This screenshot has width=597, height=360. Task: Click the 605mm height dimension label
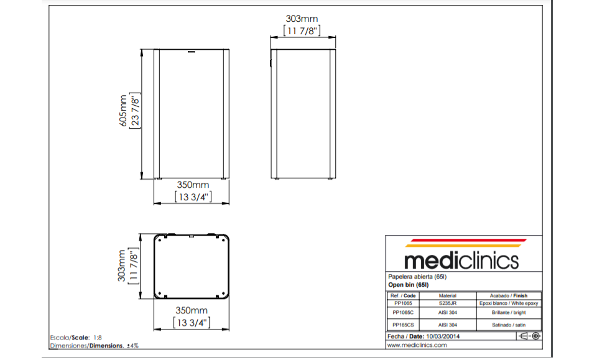point(123,111)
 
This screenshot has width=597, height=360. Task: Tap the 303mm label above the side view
point(302,19)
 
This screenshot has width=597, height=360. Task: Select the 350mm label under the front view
point(193,185)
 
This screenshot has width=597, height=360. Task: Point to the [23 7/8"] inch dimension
point(135,111)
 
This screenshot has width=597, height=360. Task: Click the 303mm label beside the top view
point(121,265)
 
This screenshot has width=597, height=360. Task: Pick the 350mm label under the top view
point(192,310)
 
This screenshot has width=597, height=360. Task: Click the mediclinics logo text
point(461,261)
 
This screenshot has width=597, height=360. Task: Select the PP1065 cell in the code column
point(403,303)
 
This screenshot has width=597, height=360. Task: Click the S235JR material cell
point(447,303)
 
